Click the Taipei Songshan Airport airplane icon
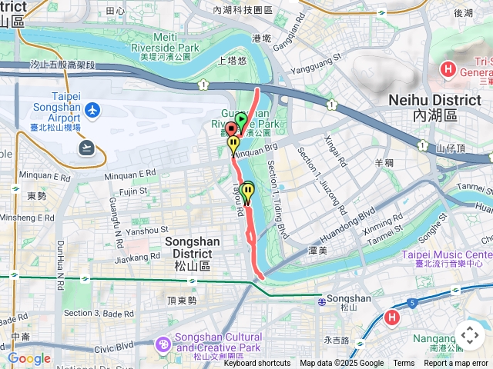click(94, 111)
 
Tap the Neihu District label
click(434, 107)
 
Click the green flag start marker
click(241, 121)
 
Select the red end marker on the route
click(230, 127)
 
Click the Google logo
click(29, 358)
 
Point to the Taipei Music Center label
click(447, 254)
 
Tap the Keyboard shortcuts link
click(257, 364)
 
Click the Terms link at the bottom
click(404, 364)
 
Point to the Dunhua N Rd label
click(60, 264)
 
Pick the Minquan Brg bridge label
click(253, 153)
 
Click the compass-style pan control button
click(469, 335)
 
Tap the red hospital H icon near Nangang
click(393, 316)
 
